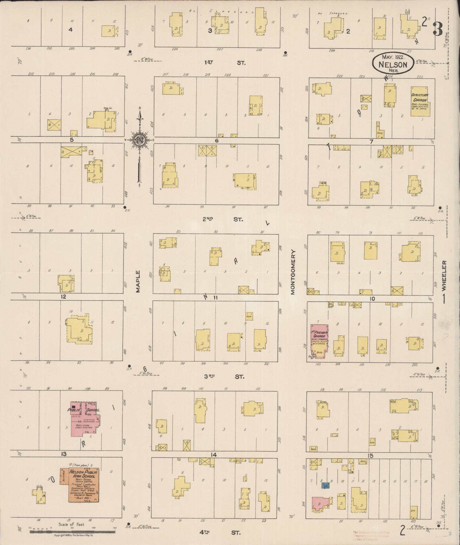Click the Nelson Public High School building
pos(83,485)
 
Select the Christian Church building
pos(420,101)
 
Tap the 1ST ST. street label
pos(225,62)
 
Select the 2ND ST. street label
pos(223,219)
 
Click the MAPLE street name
pos(138,281)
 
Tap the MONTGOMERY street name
pos(293,272)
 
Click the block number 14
pos(213,455)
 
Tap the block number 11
pos(216,298)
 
